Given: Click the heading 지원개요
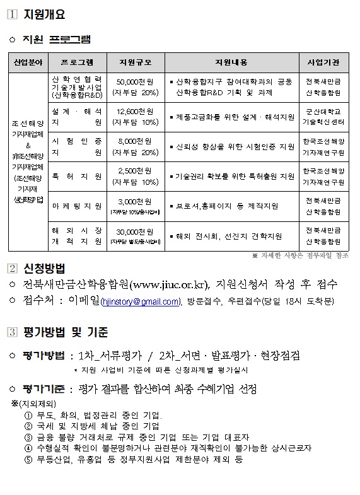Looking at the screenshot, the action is pyautogui.click(x=44, y=15).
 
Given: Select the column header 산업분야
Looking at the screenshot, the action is pyautogui.click(x=26, y=62).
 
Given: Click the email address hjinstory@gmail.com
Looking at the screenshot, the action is pyautogui.click(x=141, y=302).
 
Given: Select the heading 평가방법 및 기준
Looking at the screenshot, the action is pyautogui.click(x=65, y=332).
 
